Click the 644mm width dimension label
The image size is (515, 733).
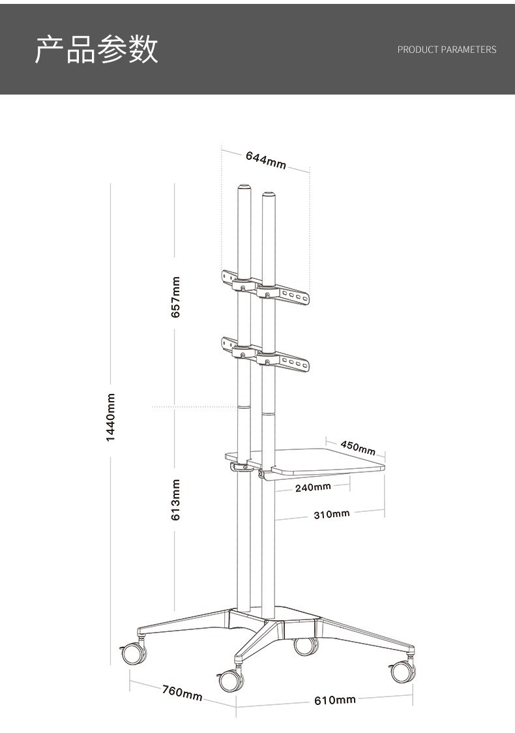265,160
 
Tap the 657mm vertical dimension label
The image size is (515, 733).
175,297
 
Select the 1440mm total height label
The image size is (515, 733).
111,417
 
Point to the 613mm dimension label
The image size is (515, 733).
175,500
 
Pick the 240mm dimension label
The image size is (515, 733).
313,486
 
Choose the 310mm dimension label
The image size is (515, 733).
331,515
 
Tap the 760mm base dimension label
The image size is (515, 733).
182,693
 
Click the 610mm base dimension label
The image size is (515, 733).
335,700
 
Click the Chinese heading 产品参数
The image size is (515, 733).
96,50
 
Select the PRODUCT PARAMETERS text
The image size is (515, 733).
447,50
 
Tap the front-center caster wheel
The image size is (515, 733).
231,680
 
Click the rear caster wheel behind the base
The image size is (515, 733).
305,646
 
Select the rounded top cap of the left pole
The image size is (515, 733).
244,188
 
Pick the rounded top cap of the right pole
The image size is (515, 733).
268,194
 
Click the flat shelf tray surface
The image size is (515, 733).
326,460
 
